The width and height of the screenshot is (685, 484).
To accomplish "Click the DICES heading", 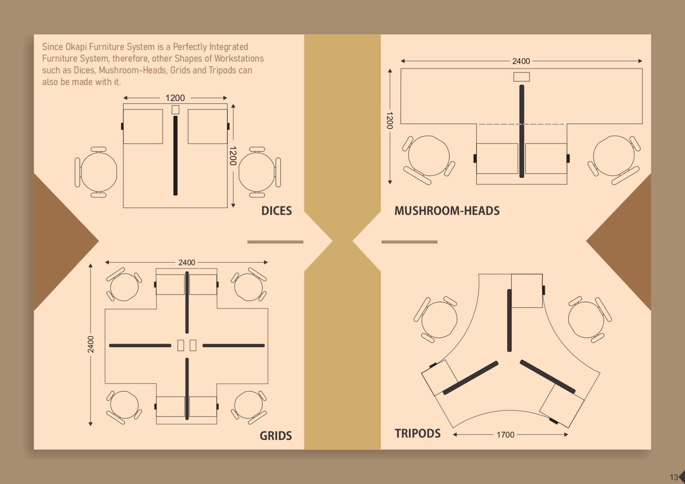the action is pos(277,211).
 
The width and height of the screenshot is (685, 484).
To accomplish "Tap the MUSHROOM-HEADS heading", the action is pos(447,211).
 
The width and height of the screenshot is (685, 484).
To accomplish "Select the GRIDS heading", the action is pos(276,436).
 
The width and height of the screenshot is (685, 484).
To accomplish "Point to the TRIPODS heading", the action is pos(417,433).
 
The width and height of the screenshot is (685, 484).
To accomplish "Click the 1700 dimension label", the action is pos(506,434).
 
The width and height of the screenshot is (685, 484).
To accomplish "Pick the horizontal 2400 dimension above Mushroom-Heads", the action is pos(521,61).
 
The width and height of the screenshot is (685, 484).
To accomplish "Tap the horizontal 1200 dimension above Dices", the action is pos(175,98).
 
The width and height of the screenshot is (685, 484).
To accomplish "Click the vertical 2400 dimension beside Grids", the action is pos(91,344).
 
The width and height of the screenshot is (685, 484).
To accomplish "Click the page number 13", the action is pos(674,477).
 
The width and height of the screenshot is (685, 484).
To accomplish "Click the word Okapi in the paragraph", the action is pos(76,47).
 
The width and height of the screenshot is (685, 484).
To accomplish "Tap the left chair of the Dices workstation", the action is pos(96,172).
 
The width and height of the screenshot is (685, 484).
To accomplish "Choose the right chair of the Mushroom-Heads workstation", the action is pos(614,160).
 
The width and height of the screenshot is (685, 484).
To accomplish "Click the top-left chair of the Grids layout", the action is pos(124,285).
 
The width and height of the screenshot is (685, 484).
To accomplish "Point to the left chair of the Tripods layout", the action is pos(435,319).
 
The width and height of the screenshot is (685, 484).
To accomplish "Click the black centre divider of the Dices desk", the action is pos(175,156).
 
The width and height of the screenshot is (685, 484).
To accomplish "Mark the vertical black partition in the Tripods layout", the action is pos(509,320).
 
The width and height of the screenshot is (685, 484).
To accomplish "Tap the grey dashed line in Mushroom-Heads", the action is pos(521,124).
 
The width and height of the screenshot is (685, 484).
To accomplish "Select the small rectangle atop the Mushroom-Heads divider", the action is pos(521,77).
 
